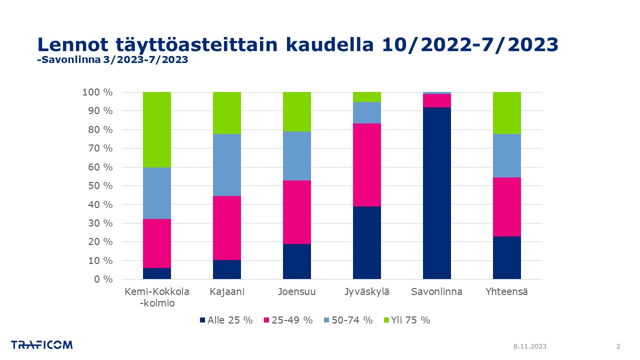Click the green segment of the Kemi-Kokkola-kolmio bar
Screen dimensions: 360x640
point(156,129)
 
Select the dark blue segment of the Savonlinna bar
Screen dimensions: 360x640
point(436,193)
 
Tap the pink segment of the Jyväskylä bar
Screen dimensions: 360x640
point(366,165)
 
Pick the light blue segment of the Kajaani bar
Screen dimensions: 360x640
point(226,165)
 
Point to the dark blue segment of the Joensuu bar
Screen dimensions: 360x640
point(296,261)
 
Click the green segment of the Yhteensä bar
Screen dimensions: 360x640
point(506,113)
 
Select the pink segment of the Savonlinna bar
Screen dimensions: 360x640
point(436,100)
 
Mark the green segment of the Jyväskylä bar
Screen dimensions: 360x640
point(366,97)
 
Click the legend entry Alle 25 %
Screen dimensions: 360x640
point(226,320)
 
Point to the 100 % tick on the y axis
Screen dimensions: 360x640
point(97,92)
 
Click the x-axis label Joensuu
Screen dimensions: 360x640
point(296,292)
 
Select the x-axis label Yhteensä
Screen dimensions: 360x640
point(506,292)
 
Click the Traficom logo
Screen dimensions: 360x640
point(42,345)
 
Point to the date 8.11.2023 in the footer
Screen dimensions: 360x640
point(530,346)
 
